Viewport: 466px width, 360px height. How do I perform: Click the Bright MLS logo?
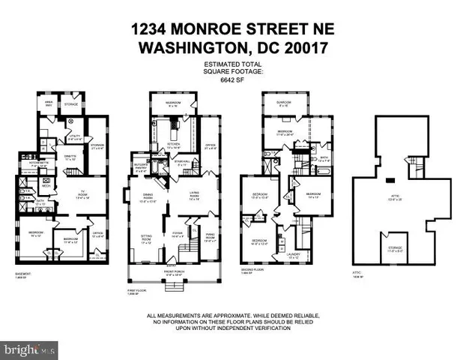coord(29,349)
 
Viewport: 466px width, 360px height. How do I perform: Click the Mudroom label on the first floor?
coord(173,103)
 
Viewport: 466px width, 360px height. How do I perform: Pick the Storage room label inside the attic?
coord(394,248)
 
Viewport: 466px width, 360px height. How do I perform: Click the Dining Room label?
coord(148,199)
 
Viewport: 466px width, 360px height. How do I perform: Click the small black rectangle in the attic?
coord(390,180)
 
